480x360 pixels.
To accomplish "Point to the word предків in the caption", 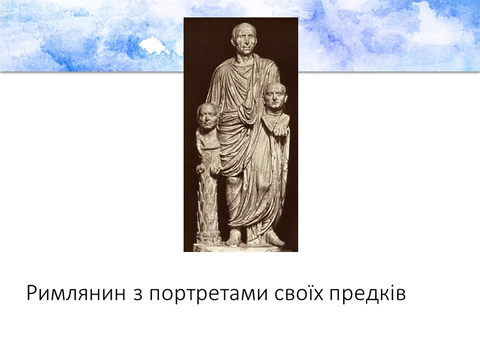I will point(372,295).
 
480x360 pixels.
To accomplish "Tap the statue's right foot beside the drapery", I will point(273,239).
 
